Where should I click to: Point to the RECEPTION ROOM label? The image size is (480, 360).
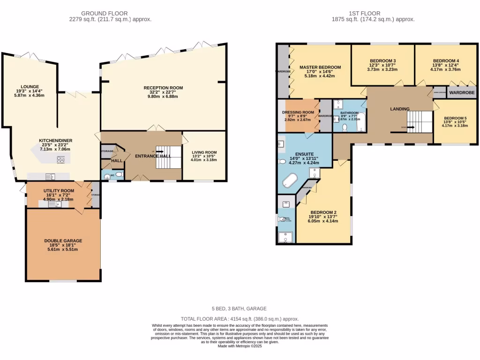[x=163, y=88]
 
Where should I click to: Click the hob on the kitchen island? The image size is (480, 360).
[x=61, y=160]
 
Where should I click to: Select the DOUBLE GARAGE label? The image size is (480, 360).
[x=63, y=240]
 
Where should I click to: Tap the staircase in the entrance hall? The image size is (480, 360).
[x=168, y=157]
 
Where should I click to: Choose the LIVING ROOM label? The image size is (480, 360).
[x=204, y=152]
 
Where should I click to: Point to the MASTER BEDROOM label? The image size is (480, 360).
[x=320, y=67]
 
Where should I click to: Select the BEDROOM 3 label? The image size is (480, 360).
[x=382, y=61]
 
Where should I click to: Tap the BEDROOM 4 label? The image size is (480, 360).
[x=446, y=61]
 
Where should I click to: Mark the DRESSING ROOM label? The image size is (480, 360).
[x=298, y=112]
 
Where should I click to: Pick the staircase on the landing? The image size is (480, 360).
[x=418, y=122]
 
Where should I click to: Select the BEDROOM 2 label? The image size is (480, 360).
[x=323, y=212]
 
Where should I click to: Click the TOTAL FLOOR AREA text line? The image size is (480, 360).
[x=240, y=318]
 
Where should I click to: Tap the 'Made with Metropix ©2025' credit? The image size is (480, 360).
[x=240, y=346]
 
